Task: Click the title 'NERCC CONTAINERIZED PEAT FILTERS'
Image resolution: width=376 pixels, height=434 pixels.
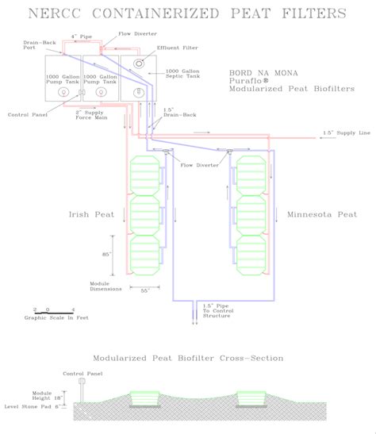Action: tap(187, 13)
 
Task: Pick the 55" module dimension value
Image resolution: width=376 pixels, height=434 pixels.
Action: tap(145, 291)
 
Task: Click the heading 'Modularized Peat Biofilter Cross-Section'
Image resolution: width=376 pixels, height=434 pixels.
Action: tap(188, 358)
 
